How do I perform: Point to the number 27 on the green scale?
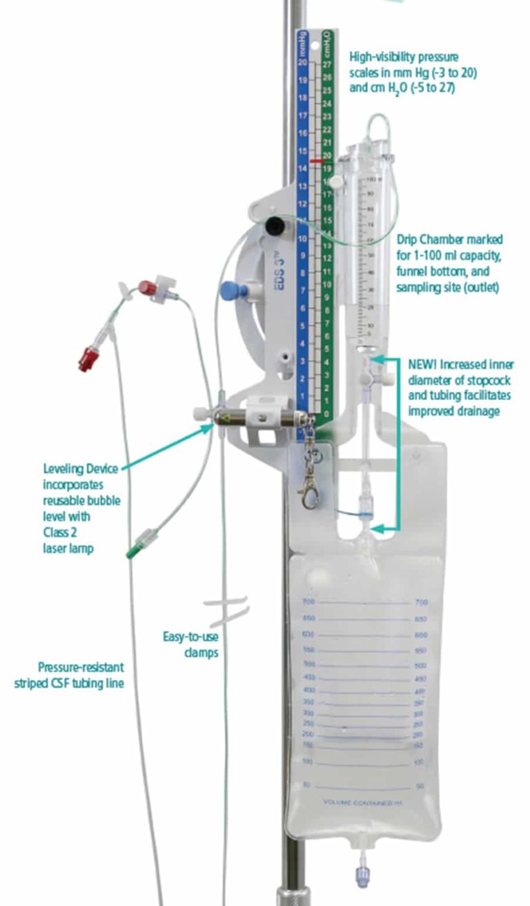pyautogui.click(x=327, y=64)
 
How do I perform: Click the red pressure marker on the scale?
pyautogui.click(x=317, y=160)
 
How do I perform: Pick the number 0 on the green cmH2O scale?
pyautogui.click(x=327, y=414)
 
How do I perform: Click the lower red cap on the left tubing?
pyautogui.click(x=88, y=359)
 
